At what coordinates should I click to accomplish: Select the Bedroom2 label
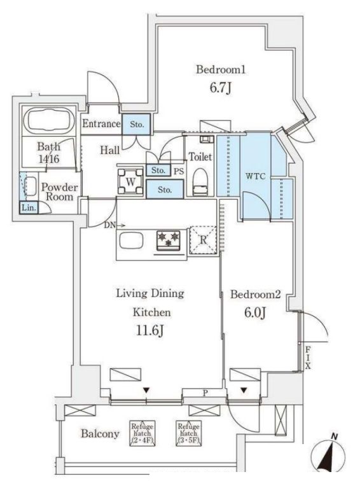[255, 295]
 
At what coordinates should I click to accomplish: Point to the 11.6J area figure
[150, 332]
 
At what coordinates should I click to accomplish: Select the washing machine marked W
[130, 179]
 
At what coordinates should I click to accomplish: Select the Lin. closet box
[29, 207]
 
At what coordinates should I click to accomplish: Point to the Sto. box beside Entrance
[137, 123]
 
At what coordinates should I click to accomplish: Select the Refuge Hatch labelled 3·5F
[188, 432]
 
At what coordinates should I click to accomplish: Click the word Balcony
[100, 434]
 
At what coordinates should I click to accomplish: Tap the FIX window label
[307, 358]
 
